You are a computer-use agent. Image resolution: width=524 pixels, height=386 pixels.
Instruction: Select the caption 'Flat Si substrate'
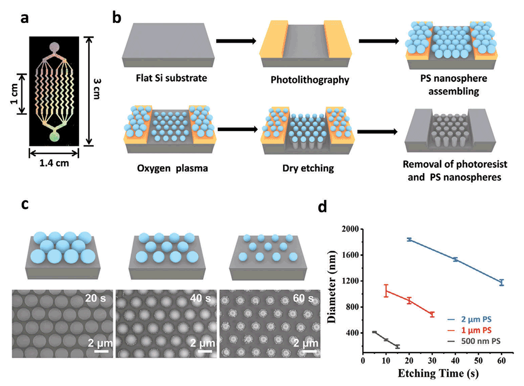tap(164, 78)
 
